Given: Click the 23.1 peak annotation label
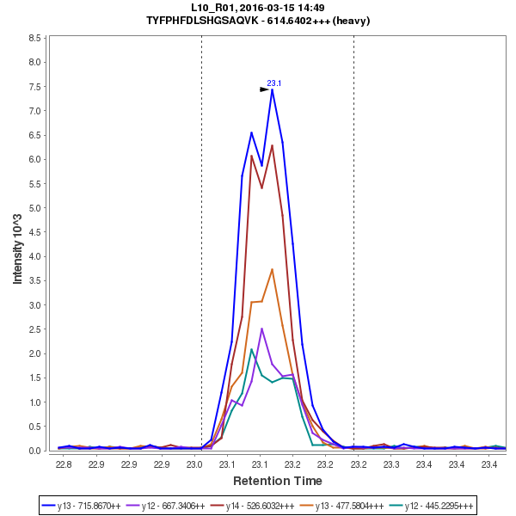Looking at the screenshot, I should point(274,83).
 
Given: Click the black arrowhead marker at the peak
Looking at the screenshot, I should point(265,89).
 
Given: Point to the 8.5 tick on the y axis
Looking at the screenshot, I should point(36,38).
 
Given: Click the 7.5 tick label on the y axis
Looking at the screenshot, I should point(36,87).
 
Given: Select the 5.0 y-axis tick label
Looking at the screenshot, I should point(36,208).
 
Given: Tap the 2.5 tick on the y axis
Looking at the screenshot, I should point(36,329).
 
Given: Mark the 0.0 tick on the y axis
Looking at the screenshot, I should point(36,451).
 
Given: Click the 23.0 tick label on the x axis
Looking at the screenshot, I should point(194,464).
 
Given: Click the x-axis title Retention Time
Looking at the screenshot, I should point(278,481).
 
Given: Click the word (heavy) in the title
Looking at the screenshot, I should point(353,21).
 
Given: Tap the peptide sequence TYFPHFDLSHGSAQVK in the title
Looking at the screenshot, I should point(218,21).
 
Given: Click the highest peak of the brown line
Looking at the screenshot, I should point(272,144).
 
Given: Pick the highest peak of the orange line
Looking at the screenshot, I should point(272,269).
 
